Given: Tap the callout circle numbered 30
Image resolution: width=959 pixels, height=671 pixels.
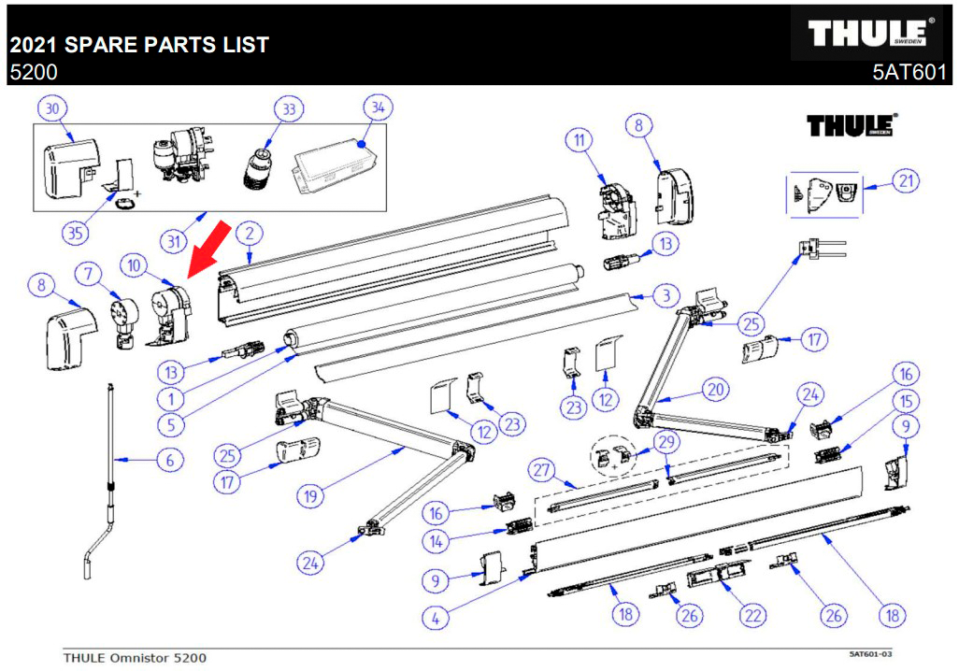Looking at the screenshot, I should coord(53,108).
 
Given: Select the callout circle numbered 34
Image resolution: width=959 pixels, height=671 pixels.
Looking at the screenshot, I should coord(377,108).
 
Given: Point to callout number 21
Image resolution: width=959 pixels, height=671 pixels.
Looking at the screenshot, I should coord(904,181).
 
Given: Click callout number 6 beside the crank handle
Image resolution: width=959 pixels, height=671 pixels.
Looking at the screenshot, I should coord(169,460).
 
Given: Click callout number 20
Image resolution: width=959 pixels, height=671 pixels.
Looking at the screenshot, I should coord(716,389).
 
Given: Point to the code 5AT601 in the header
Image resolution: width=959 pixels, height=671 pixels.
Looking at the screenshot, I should coord(909,73).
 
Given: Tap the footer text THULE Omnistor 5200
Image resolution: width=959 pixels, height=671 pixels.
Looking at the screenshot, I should coord(135,657).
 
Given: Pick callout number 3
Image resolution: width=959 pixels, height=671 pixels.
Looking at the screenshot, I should coord(662,297).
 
